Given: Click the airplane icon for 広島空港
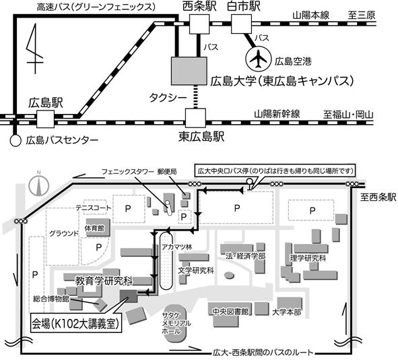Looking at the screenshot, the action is click(258, 59).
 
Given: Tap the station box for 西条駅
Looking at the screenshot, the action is click(199, 24).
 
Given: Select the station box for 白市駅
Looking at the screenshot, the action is click(241, 24).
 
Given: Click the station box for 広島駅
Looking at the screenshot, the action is click(45, 119).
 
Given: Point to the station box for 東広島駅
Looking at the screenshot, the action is click(195, 118).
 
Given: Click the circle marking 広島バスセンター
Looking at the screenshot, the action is click(15, 140).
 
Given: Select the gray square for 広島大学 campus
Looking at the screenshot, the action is click(189, 71).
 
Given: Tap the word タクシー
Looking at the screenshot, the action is click(168, 98).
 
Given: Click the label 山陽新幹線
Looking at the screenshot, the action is click(277, 114).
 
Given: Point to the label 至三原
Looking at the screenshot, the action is click(362, 16).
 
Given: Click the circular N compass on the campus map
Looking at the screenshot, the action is click(39, 185).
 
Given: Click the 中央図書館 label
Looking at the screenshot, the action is click(230, 311).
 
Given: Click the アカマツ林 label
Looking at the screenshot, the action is click(177, 247).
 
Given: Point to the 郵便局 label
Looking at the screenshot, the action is click(167, 171).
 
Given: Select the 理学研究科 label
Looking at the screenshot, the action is click(308, 258).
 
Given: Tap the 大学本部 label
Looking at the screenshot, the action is click(286, 312).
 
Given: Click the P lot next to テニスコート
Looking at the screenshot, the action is click(129, 209).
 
